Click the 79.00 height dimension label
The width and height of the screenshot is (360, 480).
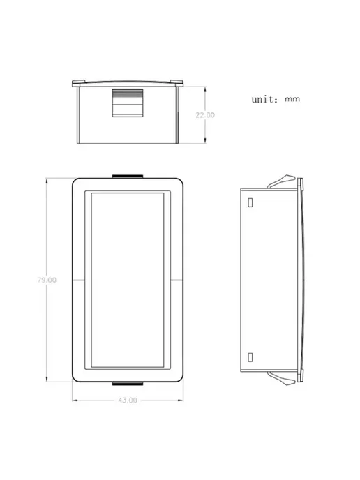47,280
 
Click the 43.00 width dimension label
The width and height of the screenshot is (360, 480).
128,400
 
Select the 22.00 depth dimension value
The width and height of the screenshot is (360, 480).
205,115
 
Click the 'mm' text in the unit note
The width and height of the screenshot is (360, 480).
292,99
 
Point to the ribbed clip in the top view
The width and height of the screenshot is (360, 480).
128,103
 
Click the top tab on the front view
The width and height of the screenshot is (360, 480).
128,177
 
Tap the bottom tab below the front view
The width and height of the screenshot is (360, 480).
128,383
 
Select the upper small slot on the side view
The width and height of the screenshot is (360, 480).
250,202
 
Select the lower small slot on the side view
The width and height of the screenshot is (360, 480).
250,357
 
